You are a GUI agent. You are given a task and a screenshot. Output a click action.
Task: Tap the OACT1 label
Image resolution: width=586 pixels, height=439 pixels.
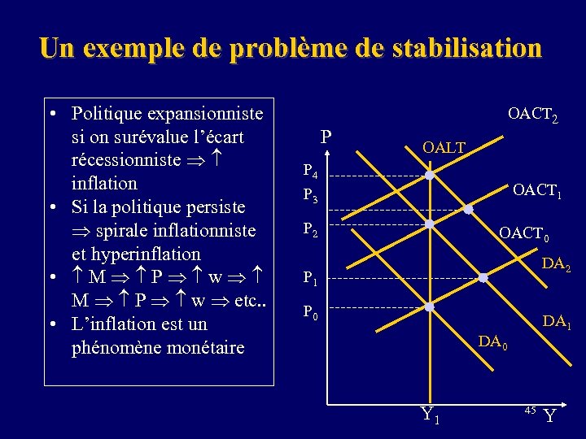pyautogui.click(x=537, y=192)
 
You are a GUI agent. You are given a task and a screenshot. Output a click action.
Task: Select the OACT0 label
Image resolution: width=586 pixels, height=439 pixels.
pyautogui.click(x=524, y=234)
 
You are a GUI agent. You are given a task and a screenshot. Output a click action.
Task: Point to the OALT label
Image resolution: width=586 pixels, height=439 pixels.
pyautogui.click(x=444, y=147)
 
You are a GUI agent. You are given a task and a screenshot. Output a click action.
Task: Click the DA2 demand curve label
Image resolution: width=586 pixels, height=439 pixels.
pyautogui.click(x=556, y=263)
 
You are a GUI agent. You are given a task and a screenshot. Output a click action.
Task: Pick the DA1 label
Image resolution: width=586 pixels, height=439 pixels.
pyautogui.click(x=557, y=322)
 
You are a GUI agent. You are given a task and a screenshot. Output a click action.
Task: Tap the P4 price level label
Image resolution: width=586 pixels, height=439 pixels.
pyautogui.click(x=310, y=172)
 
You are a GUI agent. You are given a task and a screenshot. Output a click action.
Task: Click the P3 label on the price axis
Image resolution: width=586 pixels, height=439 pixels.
pyautogui.click(x=310, y=196)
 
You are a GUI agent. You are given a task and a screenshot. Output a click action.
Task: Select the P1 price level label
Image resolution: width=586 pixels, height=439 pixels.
pyautogui.click(x=310, y=278)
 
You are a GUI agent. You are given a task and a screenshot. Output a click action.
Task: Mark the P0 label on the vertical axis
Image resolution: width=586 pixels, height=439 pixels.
pyautogui.click(x=310, y=311)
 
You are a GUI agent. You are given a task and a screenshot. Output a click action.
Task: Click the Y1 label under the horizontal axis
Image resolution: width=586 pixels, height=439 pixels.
pyautogui.click(x=430, y=415)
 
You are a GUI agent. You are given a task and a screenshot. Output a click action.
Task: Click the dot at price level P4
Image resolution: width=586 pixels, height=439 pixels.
pyautogui.click(x=429, y=176)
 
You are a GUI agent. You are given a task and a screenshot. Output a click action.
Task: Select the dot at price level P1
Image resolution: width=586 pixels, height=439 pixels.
pyautogui.click(x=483, y=278)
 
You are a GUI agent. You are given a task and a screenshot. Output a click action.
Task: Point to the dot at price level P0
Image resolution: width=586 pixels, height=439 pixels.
pyautogui.click(x=429, y=307)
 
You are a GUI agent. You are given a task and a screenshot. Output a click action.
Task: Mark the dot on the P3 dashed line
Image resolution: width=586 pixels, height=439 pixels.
pyautogui.click(x=468, y=210)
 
